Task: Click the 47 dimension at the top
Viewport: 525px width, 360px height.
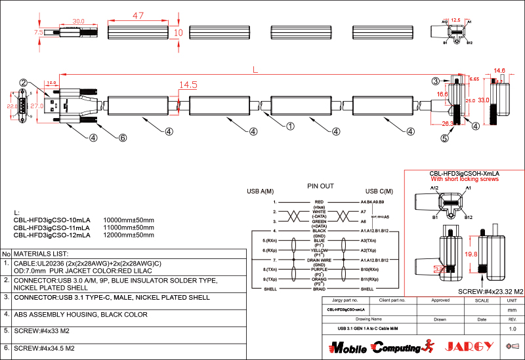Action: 138,15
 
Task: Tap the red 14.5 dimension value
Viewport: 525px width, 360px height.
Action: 188,85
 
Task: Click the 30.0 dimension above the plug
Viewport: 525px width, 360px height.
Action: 78,21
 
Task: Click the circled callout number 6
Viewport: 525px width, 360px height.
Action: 122,138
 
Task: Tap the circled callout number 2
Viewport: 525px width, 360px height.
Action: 23,83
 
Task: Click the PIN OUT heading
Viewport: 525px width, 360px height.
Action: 320,186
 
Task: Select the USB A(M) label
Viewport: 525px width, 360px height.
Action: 260,191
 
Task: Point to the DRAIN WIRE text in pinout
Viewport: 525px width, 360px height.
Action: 320,260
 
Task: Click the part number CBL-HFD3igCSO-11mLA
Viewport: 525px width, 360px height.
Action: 52,227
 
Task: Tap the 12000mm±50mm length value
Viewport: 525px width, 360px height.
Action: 129,234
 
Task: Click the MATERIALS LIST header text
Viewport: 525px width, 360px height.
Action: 41,253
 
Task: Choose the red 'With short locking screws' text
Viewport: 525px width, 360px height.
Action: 465,179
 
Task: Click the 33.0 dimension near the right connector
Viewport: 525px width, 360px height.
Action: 484,100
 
